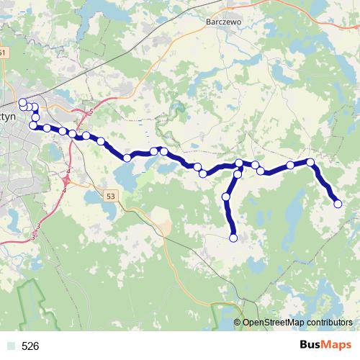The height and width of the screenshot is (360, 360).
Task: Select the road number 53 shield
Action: tap(109, 196)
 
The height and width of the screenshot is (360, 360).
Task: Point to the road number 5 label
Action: tap(91, 111)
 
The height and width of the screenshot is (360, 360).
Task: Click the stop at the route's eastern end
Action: tap(338, 204)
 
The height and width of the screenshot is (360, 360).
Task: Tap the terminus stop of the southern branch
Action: tap(233, 238)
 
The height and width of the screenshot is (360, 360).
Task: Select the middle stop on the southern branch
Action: tap(226, 197)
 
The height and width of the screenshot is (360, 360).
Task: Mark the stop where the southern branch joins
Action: tap(239, 164)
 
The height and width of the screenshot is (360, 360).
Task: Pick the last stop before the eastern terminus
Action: tap(310, 162)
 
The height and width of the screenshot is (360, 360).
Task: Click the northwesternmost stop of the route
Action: tap(22, 102)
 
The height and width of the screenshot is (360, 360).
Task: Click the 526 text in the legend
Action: tap(30, 346)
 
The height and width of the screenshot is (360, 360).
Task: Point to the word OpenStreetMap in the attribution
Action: tap(273, 323)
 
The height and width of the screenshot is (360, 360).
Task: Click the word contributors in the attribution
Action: tap(329, 323)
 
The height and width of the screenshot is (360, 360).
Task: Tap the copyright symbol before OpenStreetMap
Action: tap(238, 323)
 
